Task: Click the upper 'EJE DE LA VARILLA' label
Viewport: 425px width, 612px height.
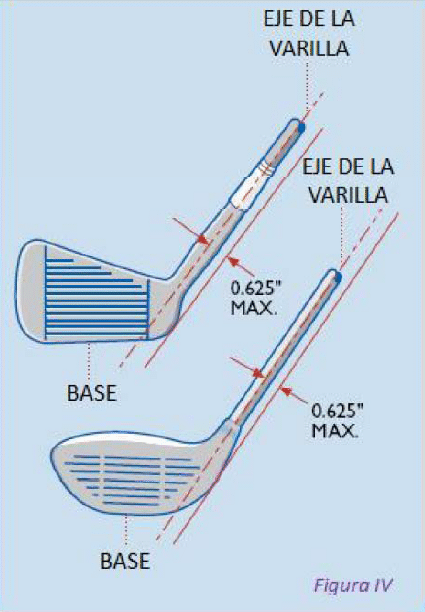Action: click(309, 34)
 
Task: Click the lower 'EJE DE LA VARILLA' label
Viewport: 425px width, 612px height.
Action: click(348, 181)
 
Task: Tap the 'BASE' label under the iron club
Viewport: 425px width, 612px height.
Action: click(92, 393)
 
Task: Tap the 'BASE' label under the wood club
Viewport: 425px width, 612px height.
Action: click(125, 561)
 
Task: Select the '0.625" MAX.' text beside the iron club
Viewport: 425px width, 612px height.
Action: click(255, 298)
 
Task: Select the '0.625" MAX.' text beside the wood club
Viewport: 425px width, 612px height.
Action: click(337, 420)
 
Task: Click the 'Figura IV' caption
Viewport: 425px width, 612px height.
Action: click(353, 585)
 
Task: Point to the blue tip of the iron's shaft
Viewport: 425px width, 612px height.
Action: click(301, 127)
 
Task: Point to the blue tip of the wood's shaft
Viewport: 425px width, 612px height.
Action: click(338, 278)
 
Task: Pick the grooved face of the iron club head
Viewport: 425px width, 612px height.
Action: click(97, 293)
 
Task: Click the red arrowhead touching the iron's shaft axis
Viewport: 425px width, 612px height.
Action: click(203, 239)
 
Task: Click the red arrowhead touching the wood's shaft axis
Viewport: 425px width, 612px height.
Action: click(259, 374)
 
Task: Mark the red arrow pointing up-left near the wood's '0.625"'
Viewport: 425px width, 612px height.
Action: click(296, 395)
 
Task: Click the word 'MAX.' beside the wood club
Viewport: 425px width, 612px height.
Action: click(335, 430)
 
